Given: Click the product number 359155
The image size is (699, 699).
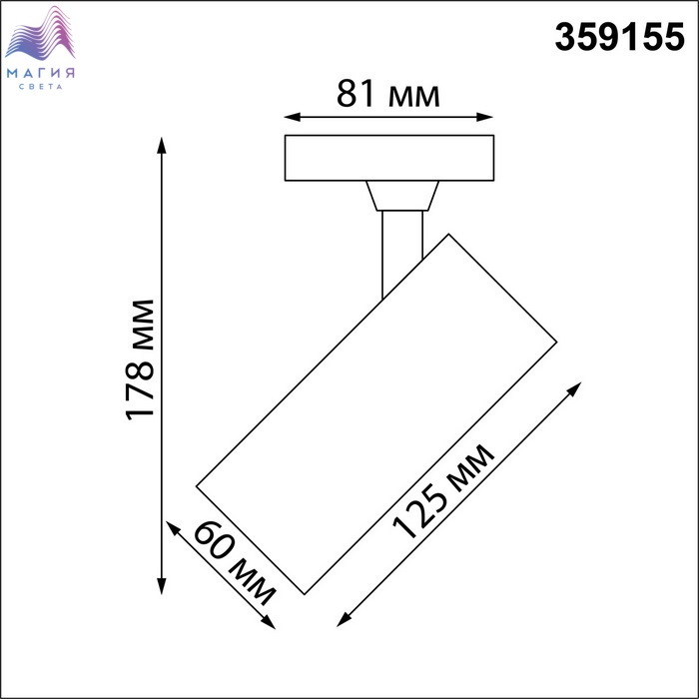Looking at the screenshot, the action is coord(619,37).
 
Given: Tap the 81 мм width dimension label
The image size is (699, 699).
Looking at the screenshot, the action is coord(388,94).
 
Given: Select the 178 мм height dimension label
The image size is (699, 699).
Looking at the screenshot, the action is coord(140,360).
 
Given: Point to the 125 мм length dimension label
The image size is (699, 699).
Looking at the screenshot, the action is coord(443,491).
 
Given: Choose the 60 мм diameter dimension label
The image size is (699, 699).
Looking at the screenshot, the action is coord(235,563).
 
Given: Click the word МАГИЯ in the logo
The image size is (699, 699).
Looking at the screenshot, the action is coord(41,73).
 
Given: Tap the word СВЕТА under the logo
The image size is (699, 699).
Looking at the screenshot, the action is coord(41,87).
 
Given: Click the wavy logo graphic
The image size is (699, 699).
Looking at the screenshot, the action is coord(40,33).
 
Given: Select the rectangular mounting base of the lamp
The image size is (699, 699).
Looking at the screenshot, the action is coord(389,158).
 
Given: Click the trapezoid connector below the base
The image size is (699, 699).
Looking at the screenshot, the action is coord(402,196).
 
